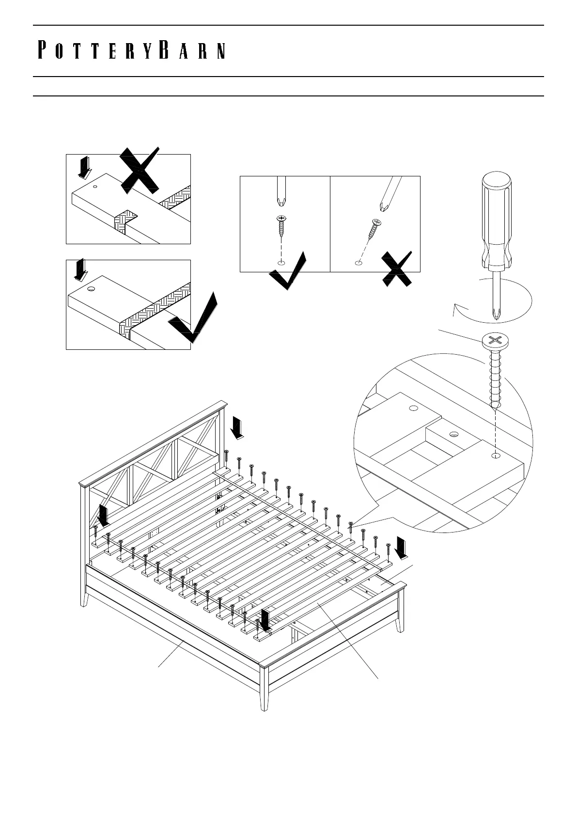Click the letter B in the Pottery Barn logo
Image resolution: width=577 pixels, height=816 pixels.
pyautogui.click(x=164, y=50)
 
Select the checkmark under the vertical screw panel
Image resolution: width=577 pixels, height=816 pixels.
pyautogui.click(x=289, y=271)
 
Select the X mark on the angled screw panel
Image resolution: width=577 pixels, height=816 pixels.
pyautogui.click(x=397, y=268)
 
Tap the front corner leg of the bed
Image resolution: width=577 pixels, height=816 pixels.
pyautogui.click(x=264, y=688)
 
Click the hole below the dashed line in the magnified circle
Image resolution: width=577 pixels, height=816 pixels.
pyautogui.click(x=495, y=455)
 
